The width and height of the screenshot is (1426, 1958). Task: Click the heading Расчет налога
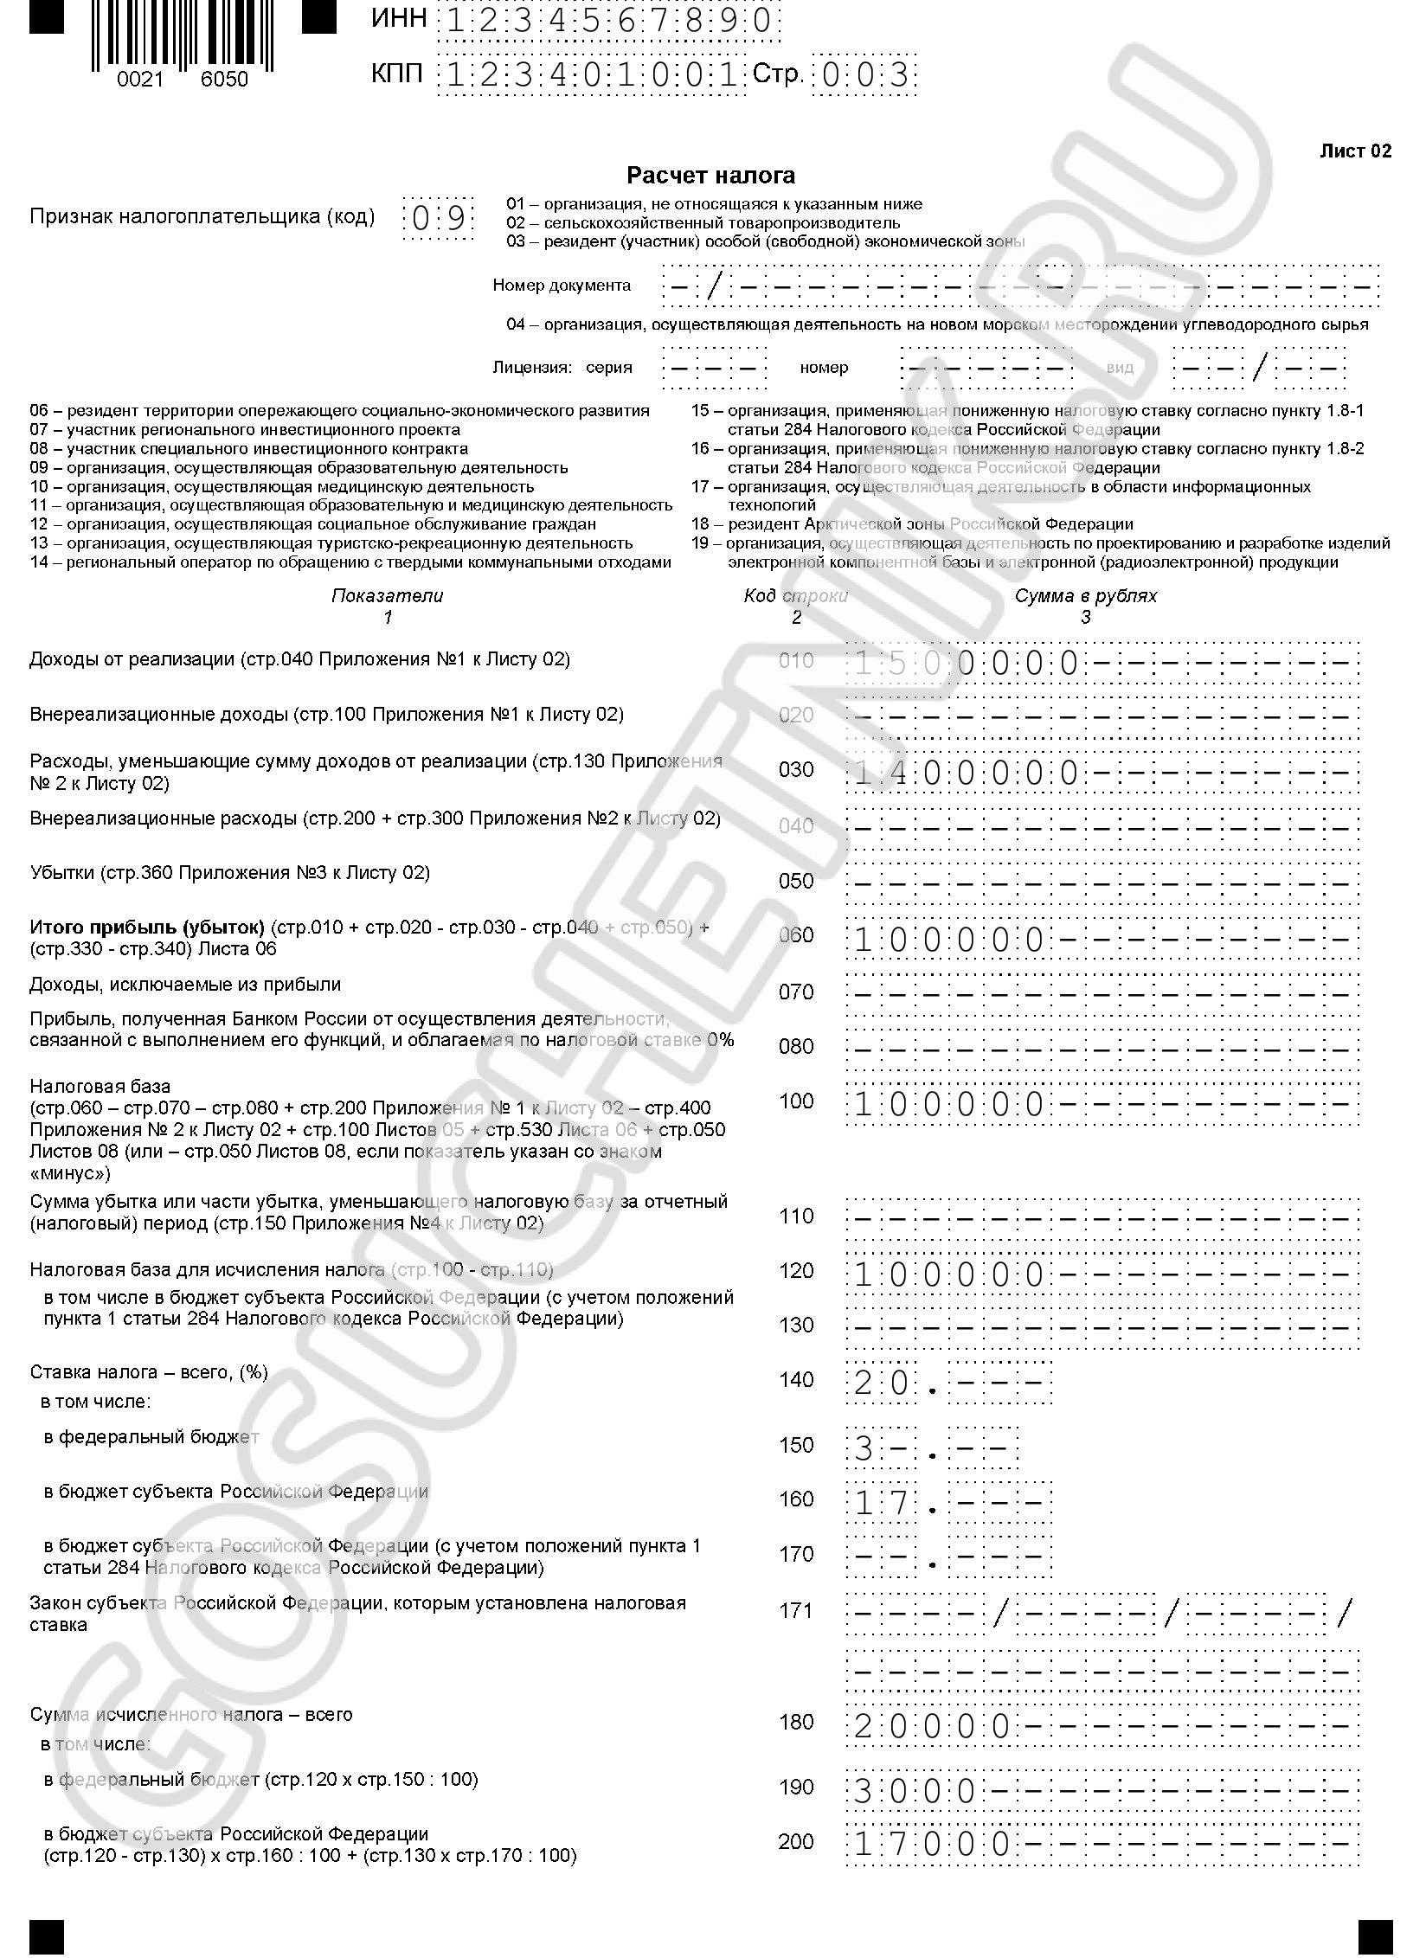point(710,176)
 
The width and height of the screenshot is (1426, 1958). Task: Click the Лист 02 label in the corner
point(1355,151)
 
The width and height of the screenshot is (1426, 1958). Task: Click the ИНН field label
point(399,19)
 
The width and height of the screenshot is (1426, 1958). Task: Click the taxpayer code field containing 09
point(439,218)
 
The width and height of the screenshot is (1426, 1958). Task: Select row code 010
point(796,662)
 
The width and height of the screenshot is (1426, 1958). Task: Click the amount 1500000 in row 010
point(966,664)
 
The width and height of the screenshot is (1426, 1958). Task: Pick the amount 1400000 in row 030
point(966,773)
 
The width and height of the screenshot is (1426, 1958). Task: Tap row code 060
point(796,935)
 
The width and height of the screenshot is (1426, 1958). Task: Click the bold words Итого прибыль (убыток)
point(147,928)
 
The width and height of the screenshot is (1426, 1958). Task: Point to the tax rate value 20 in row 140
point(881,1383)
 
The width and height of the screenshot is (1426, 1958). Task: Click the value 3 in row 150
point(863,1448)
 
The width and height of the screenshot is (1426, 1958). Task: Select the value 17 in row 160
point(881,1503)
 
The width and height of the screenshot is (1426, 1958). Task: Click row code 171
point(796,1611)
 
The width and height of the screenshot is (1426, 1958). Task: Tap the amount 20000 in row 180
point(931,1727)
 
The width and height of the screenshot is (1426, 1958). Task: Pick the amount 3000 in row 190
point(915,1792)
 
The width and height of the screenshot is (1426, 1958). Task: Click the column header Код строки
point(795,596)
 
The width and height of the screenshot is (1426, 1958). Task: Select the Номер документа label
point(562,286)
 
